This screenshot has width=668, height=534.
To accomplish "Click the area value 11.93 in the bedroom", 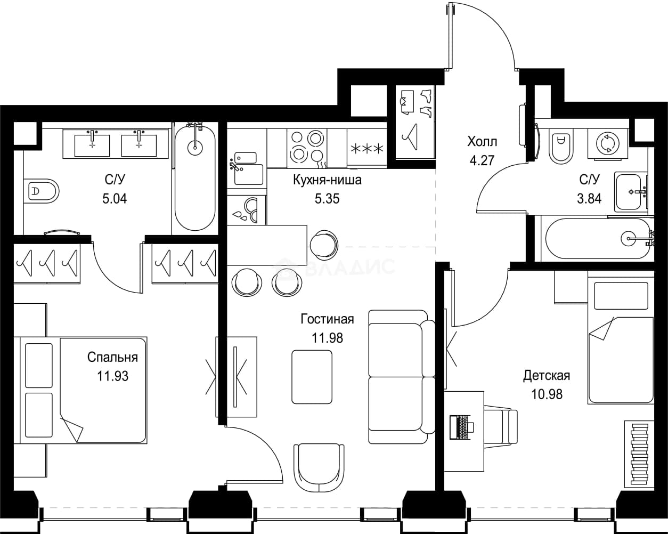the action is tap(113, 376).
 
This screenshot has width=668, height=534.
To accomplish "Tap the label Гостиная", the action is tap(327, 319).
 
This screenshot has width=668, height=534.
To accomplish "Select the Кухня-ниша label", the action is tap(327, 180).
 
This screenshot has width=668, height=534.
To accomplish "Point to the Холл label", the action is tap(482, 142).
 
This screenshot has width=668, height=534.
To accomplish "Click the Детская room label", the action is tap(547, 376).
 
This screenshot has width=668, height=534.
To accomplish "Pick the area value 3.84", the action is tap(589, 198).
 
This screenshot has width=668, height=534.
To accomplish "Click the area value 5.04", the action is tap(115, 198).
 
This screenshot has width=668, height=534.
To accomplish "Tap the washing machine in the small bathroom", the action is tap(608, 144).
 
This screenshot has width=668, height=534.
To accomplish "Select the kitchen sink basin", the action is tap(249, 174).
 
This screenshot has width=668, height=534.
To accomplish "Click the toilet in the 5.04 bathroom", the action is tap(42, 191).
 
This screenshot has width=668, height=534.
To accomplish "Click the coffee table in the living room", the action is tap(312, 377).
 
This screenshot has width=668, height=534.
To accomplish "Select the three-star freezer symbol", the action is tap(366, 149).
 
